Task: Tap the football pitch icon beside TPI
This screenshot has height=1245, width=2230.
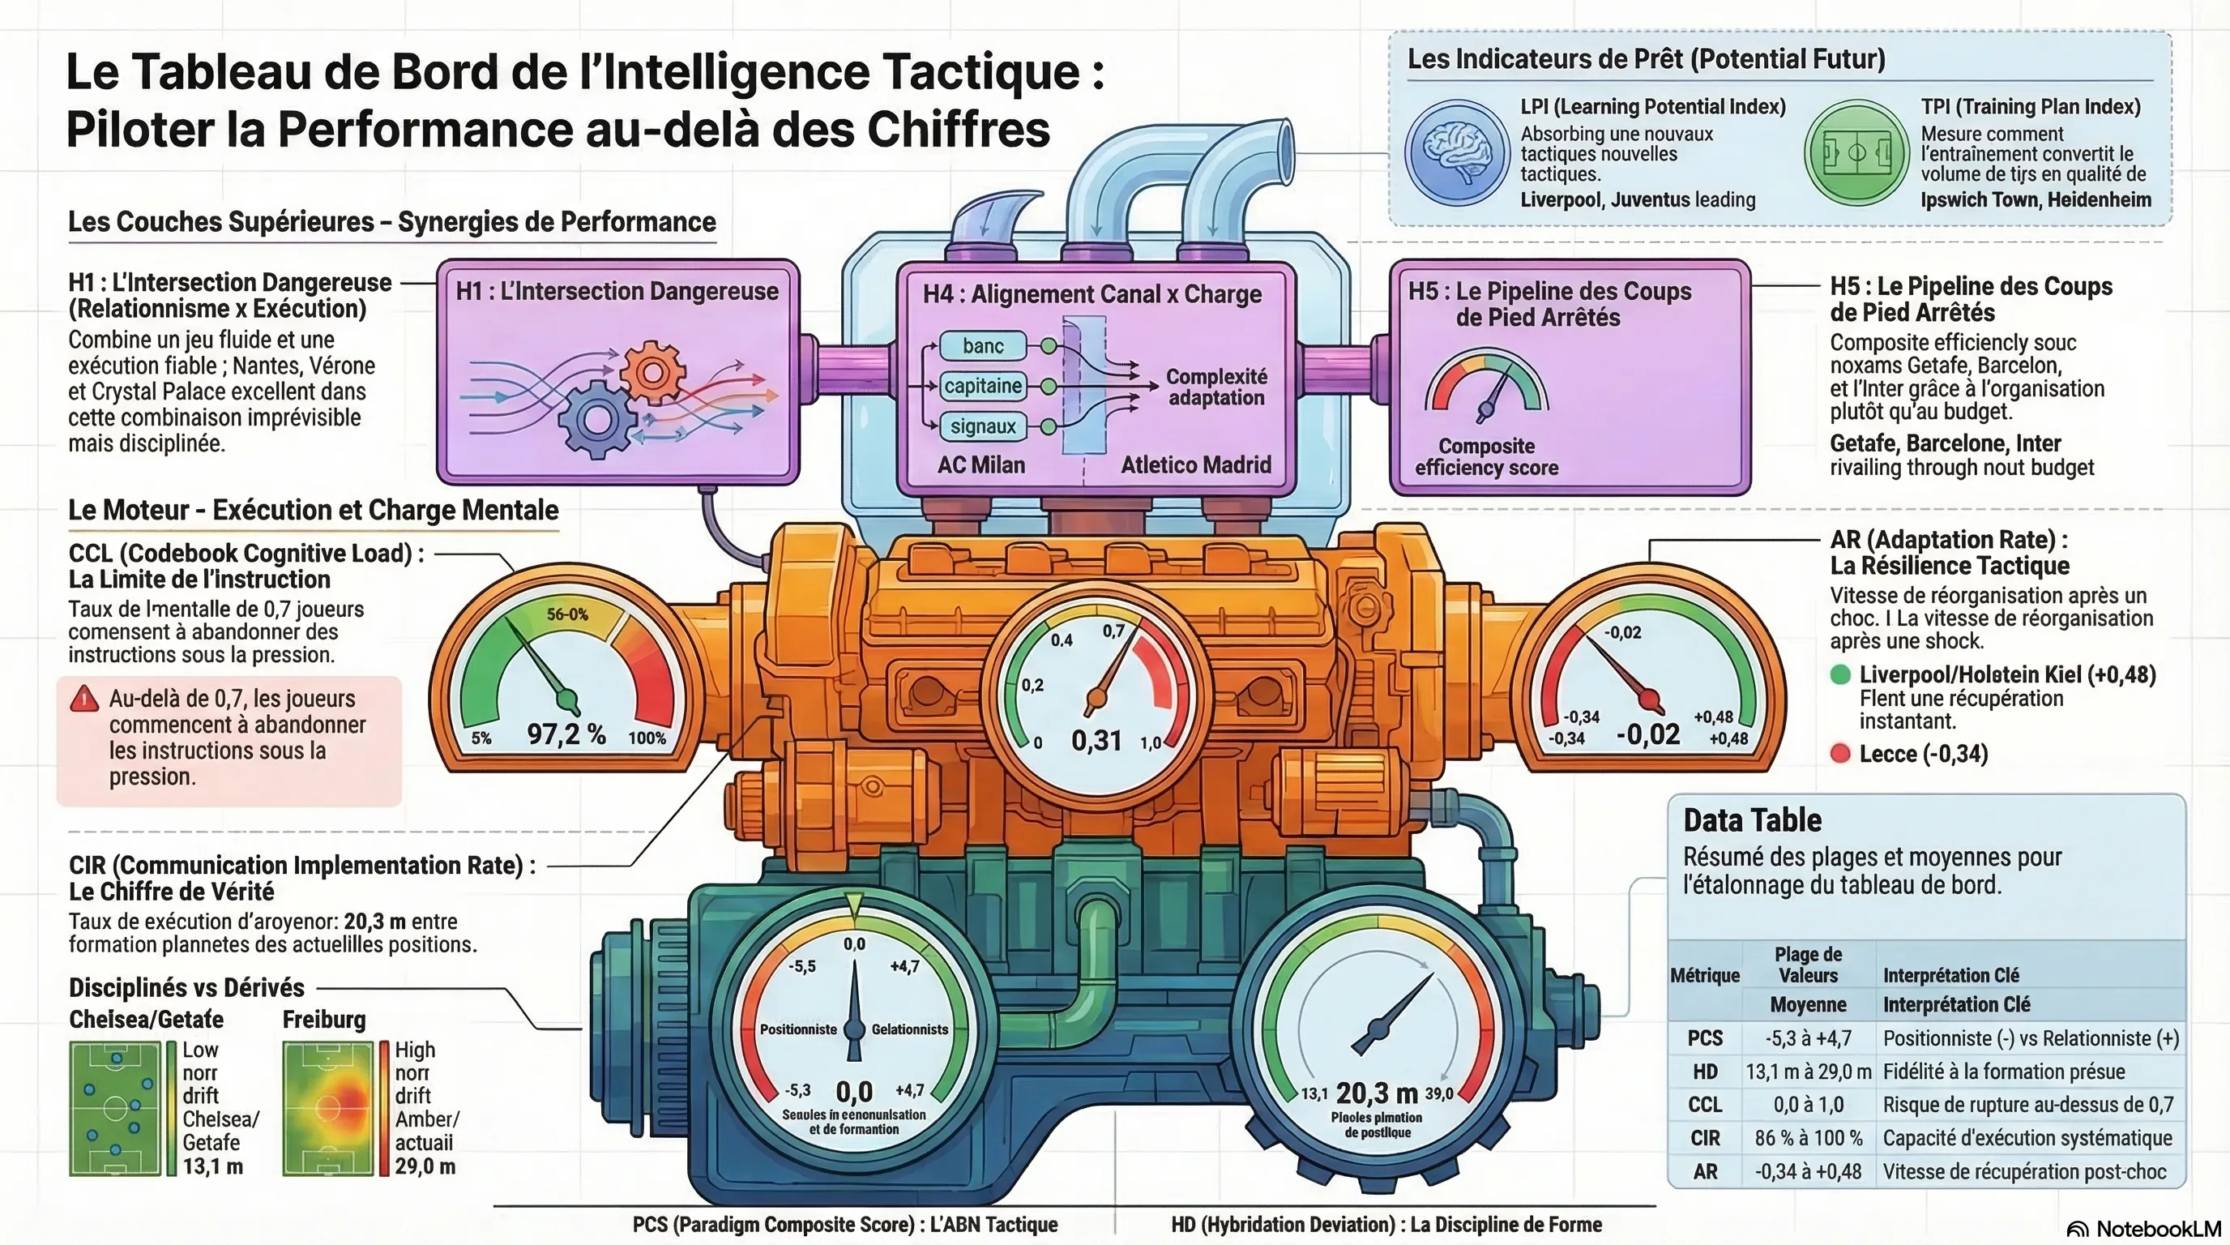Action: pyautogui.click(x=1856, y=152)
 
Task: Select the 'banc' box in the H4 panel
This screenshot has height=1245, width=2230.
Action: pyautogui.click(x=983, y=345)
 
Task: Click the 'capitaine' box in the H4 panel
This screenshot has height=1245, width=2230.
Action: pyautogui.click(x=983, y=385)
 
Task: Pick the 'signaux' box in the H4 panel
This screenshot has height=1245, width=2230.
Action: pyautogui.click(x=983, y=426)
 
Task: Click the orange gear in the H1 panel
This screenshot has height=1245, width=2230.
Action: pyautogui.click(x=653, y=372)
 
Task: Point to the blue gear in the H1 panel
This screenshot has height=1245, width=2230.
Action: pyautogui.click(x=596, y=419)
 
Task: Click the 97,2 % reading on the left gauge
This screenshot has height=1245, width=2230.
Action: pyautogui.click(x=566, y=735)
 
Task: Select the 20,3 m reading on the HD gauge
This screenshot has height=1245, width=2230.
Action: pyautogui.click(x=1377, y=1093)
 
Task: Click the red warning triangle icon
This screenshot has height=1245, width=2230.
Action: pyautogui.click(x=84, y=699)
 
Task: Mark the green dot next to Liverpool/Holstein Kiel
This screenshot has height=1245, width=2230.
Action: pyautogui.click(x=1840, y=674)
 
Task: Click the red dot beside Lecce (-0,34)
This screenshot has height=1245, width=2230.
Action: pyautogui.click(x=1840, y=753)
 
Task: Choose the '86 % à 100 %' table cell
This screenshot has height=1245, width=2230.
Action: pyautogui.click(x=1808, y=1138)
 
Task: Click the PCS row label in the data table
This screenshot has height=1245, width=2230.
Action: pyautogui.click(x=1705, y=1038)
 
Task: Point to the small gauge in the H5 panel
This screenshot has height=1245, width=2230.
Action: pyautogui.click(x=1486, y=385)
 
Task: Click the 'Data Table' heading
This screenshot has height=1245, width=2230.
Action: pyautogui.click(x=1752, y=820)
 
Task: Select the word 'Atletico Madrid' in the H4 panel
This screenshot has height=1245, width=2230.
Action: pyautogui.click(x=1195, y=465)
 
